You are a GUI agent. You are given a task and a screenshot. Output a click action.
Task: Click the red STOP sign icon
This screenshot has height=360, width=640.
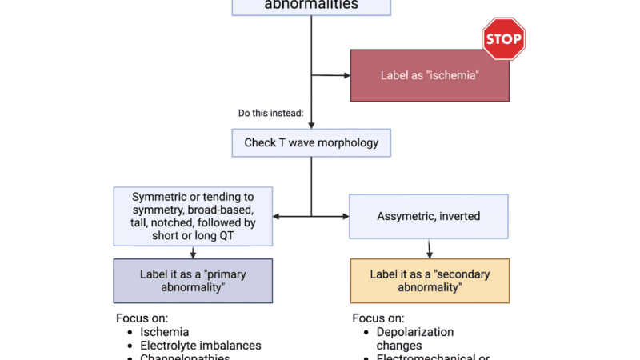click(503, 38)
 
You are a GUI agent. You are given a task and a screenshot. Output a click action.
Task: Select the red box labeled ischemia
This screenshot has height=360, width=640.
click(430, 75)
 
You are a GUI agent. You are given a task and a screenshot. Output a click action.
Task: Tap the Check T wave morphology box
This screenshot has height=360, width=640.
click(311, 144)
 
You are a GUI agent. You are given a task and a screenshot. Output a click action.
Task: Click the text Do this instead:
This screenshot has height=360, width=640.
click(270, 113)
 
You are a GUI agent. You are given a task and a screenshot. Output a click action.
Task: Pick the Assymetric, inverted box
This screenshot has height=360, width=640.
click(428, 216)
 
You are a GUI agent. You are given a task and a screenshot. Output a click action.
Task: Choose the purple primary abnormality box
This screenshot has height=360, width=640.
click(193, 280)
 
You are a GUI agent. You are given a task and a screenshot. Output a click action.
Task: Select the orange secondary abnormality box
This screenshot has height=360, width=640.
click(430, 280)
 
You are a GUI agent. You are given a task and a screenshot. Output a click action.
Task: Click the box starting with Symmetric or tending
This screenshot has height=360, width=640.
click(193, 216)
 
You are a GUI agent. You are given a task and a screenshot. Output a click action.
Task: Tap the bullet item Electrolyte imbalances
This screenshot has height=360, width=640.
click(201, 346)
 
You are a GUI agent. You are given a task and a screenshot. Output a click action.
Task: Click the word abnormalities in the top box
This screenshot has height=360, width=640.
click(311, 5)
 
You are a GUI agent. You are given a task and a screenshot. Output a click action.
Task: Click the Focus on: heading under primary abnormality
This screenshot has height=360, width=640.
click(142, 318)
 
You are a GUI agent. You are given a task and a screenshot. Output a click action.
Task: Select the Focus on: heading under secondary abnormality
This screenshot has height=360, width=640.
click(378, 318)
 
